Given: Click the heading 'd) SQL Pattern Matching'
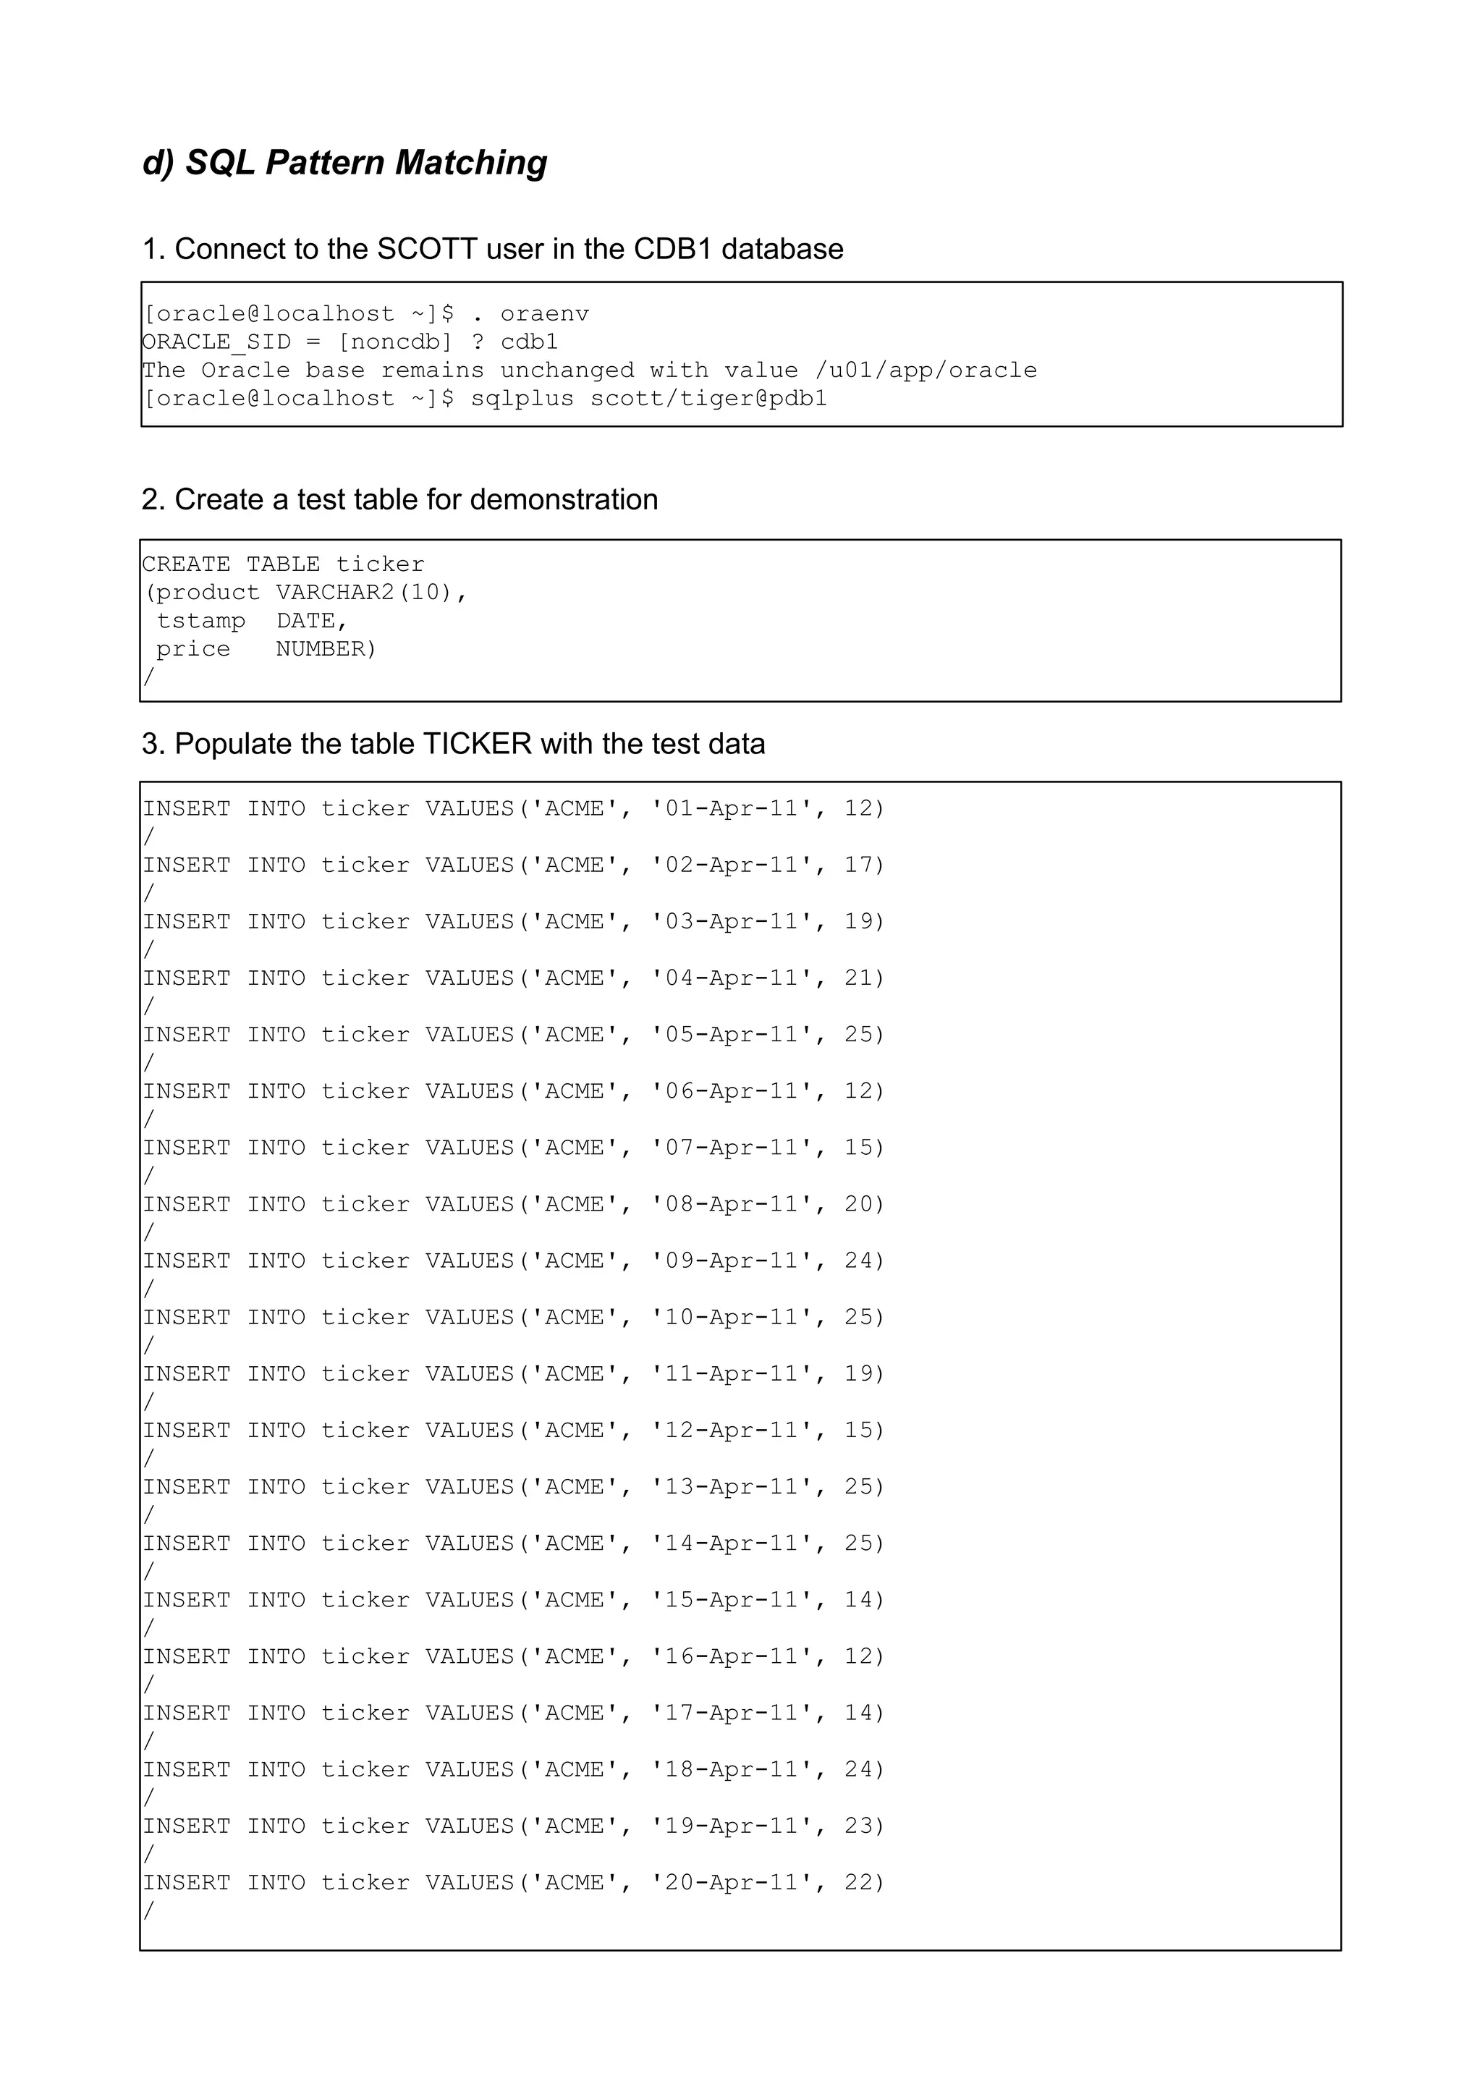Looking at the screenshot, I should point(344,163).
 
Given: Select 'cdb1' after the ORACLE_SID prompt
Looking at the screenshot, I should point(529,342).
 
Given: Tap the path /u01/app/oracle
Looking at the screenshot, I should point(926,370).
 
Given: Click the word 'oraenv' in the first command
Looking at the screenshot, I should point(544,314).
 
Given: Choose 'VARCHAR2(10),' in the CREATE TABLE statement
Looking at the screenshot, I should point(372,593).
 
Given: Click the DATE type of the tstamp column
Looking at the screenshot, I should point(311,621).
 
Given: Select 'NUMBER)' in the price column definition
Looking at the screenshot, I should point(326,649).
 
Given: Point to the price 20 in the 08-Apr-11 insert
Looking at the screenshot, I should point(858,1205).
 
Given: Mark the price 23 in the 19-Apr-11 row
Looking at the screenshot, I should point(858,1826).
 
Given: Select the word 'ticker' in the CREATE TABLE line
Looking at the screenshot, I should point(380,564).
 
